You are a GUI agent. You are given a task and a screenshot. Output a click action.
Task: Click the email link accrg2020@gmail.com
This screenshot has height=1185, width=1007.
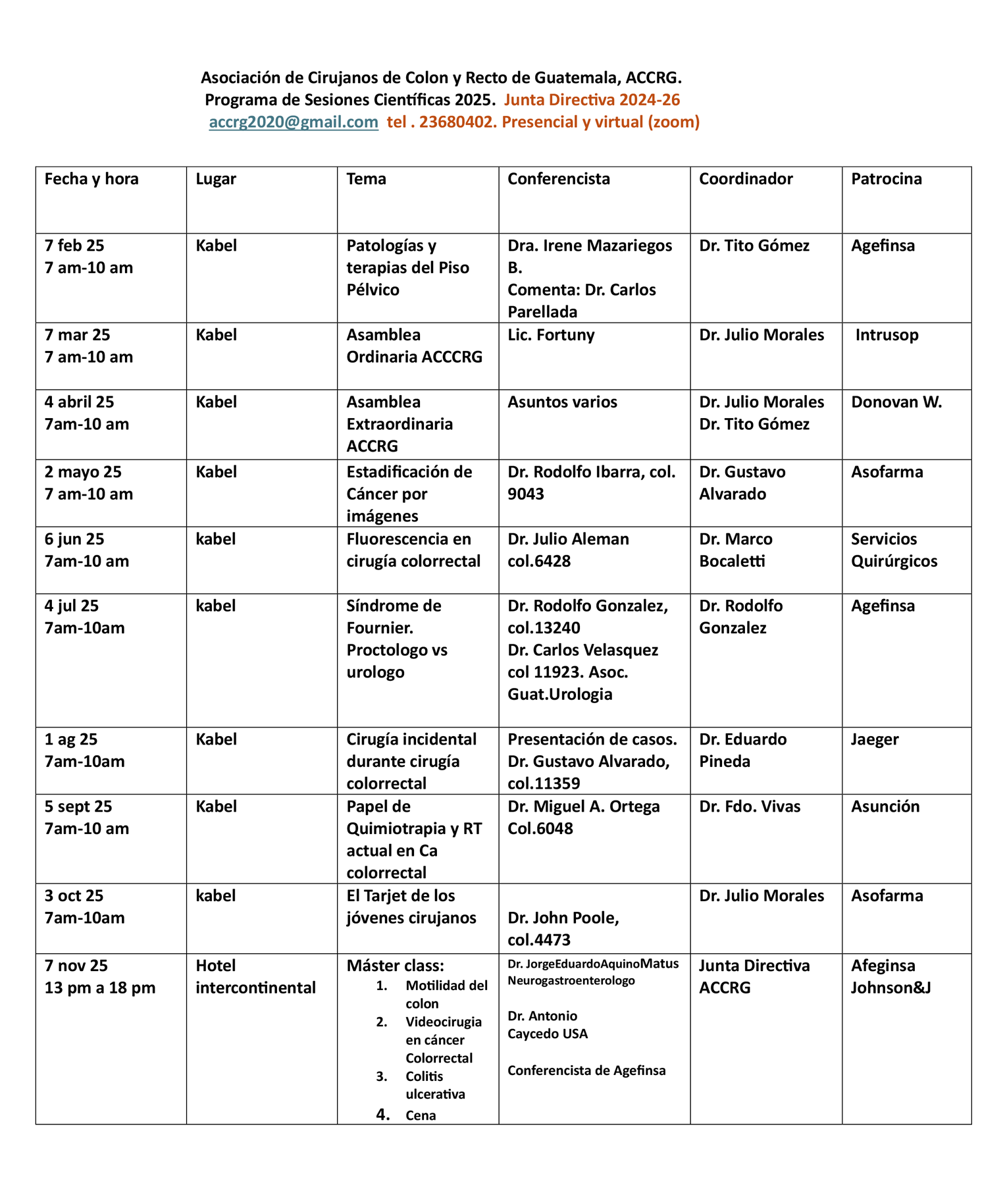pyautogui.click(x=294, y=122)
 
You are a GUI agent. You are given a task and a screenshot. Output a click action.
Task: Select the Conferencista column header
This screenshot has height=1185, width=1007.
pyautogui.click(x=558, y=179)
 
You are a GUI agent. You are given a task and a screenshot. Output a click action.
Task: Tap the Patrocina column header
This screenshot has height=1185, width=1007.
pyautogui.click(x=886, y=179)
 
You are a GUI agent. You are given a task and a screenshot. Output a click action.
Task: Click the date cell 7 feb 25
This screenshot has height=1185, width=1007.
pyautogui.click(x=74, y=246)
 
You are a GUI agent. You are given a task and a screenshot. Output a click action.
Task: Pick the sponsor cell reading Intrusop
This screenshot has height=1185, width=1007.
pyautogui.click(x=887, y=335)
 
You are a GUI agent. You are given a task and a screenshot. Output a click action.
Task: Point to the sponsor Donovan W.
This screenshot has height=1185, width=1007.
pyautogui.click(x=896, y=402)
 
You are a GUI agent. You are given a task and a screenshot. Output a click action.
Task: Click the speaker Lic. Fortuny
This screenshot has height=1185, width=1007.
pyautogui.click(x=551, y=335)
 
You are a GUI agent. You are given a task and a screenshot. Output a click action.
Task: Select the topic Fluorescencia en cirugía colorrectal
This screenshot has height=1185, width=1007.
pyautogui.click(x=413, y=550)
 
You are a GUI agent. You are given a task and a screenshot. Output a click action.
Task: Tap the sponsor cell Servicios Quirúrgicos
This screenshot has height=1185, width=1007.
pyautogui.click(x=894, y=550)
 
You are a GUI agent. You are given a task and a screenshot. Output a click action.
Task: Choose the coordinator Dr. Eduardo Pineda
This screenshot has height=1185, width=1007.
pyautogui.click(x=742, y=750)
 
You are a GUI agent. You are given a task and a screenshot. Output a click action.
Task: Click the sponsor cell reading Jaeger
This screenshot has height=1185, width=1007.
pyautogui.click(x=875, y=739)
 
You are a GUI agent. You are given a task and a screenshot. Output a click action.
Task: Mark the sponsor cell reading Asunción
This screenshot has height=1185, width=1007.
pyautogui.click(x=885, y=806)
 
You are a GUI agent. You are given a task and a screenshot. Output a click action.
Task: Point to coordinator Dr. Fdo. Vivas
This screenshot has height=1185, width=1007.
pyautogui.click(x=750, y=806)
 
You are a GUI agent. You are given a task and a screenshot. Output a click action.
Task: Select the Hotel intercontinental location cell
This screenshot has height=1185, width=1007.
pyautogui.click(x=255, y=976)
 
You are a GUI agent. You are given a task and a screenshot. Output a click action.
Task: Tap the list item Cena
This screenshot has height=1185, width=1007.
pyautogui.click(x=421, y=1115)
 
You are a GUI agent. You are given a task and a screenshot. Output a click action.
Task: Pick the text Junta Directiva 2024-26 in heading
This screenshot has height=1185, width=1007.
pyautogui.click(x=592, y=100)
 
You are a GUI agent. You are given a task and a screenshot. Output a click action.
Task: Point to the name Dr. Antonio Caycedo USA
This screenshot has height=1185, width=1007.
pyautogui.click(x=547, y=1024)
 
